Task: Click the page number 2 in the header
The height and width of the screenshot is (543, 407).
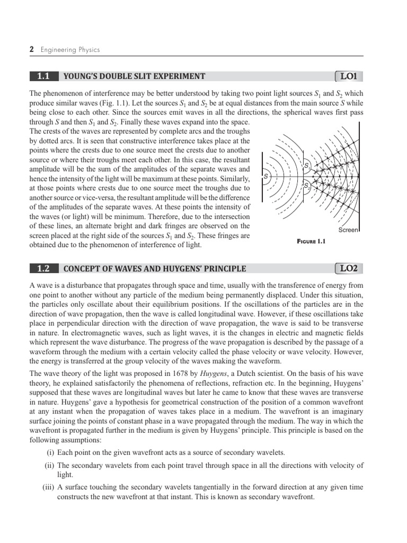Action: click(31, 50)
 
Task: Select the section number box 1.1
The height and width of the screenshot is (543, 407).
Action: click(43, 76)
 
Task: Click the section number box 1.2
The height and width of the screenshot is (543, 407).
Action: click(43, 268)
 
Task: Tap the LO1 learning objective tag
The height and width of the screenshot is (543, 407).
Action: click(349, 76)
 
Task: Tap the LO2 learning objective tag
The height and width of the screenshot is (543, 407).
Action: click(349, 268)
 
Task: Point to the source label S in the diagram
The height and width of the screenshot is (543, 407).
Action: click(266, 176)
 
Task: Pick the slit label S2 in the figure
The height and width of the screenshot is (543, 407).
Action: click(306, 185)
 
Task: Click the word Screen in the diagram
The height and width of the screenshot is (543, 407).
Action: click(348, 230)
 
